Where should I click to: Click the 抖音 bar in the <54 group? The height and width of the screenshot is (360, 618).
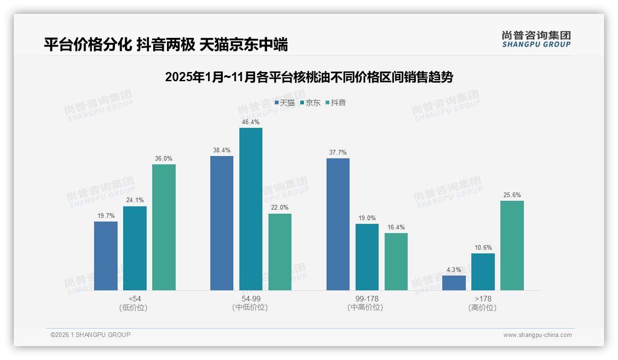[164, 227]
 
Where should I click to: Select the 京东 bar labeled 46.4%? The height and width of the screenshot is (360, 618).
[250, 209]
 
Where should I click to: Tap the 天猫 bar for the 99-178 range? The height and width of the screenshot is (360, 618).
[338, 224]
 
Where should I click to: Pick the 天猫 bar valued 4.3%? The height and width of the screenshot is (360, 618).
[454, 282]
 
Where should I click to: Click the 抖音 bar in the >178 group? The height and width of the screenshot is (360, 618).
[512, 245]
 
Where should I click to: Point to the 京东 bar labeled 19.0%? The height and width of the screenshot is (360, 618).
[367, 257]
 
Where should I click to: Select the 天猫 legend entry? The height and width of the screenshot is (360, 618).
[285, 103]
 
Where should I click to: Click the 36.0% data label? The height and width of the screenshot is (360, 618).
[164, 159]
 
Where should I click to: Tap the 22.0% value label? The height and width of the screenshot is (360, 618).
[279, 208]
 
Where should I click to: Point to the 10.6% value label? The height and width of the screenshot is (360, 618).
[483, 247]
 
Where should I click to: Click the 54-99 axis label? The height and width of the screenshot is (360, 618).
[250, 299]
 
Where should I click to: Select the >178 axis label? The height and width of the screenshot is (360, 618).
[482, 299]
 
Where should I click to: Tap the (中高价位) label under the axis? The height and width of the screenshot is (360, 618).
[366, 307]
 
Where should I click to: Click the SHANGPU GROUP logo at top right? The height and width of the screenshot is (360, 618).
[536, 39]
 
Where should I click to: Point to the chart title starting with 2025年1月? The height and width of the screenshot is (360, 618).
[309, 77]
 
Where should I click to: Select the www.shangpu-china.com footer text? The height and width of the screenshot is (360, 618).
[537, 335]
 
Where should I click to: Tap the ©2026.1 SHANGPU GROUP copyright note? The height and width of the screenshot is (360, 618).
[90, 335]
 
